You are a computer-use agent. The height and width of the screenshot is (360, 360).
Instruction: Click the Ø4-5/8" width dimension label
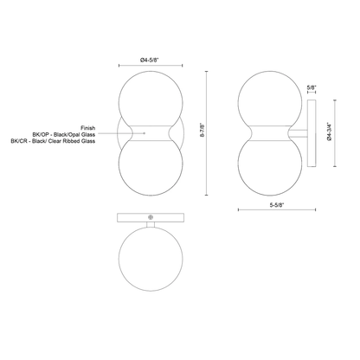(x=150, y=60)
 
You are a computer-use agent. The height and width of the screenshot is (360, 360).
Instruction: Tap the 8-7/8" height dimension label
(x=202, y=130)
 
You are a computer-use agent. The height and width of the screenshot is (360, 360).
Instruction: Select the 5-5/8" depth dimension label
(x=277, y=205)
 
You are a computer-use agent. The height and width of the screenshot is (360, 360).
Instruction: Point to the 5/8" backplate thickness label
(x=312, y=87)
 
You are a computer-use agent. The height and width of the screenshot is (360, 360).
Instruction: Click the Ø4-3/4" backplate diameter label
(x=330, y=132)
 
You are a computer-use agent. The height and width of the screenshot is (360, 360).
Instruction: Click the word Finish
(x=88, y=128)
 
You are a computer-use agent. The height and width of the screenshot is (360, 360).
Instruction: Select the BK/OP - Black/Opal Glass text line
(x=64, y=135)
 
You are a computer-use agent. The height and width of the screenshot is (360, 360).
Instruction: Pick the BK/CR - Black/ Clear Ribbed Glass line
(x=53, y=141)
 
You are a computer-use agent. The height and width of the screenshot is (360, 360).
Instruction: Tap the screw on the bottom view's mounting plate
(x=151, y=217)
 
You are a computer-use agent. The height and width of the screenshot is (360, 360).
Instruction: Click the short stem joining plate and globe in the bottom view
(x=151, y=224)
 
